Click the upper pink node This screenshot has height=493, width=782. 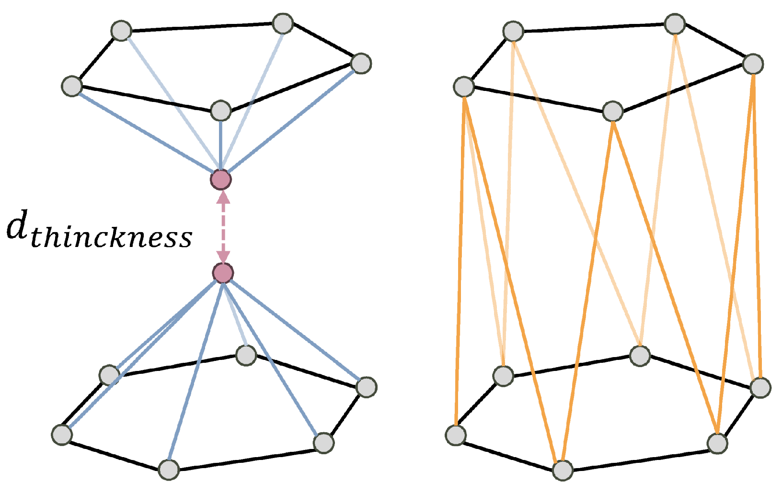coord(221,180)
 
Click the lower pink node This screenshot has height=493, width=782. coord(223,273)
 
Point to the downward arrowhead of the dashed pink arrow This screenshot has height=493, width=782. coord(223,258)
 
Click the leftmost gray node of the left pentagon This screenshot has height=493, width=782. coord(72,86)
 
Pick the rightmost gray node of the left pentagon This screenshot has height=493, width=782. coord(361,63)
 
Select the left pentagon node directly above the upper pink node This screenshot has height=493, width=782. coord(221,111)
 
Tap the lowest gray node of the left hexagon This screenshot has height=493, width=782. coord(169,470)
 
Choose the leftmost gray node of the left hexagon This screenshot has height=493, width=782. coord(62,435)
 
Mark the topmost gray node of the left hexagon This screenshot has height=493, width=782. coord(246,355)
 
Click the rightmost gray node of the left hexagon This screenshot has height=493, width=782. coord(367,387)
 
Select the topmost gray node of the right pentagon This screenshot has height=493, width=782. coord(675,23)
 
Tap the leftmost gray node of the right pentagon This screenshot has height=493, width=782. coord(464,87)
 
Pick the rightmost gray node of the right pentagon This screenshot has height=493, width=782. coord(753,64)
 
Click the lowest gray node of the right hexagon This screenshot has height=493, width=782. coord(563,470)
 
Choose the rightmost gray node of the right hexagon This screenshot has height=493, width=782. coord(760,388)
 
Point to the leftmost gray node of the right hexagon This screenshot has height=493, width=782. coord(456,435)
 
